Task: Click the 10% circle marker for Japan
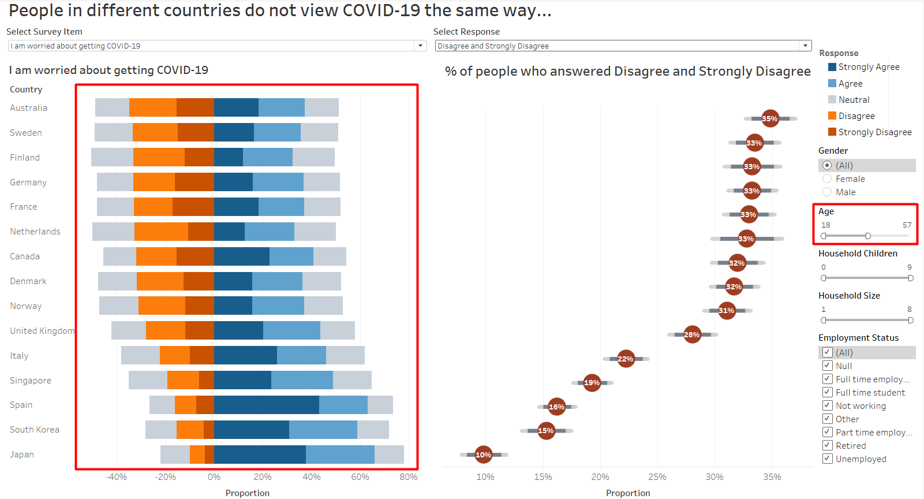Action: [483, 455]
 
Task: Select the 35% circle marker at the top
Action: [770, 118]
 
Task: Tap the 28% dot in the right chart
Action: [692, 334]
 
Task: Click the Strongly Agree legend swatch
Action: [832, 67]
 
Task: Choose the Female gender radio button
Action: [827, 179]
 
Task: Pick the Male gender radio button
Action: [827, 192]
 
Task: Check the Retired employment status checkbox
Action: [827, 445]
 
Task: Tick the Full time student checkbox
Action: [827, 392]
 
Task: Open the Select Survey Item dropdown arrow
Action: [420, 46]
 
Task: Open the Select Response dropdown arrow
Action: [805, 46]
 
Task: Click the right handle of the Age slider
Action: [868, 236]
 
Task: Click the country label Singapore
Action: [31, 381]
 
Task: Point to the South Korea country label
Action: [35, 430]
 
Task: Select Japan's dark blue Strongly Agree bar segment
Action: [260, 455]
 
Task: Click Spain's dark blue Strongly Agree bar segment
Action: [266, 405]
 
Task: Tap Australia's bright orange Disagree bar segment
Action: [153, 107]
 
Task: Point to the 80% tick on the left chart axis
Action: [409, 477]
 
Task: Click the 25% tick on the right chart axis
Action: [657, 477]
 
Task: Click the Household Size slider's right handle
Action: [911, 320]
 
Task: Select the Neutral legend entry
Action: [854, 100]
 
